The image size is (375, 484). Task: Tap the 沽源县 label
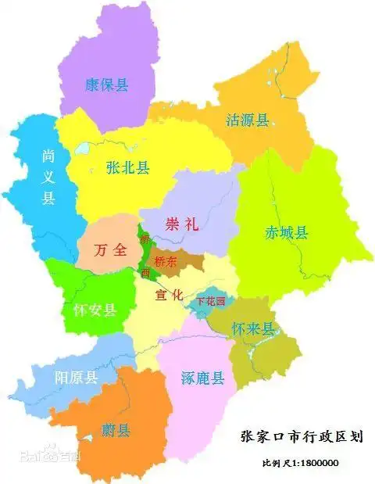coord(247,120)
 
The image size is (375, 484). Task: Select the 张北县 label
coord(127,167)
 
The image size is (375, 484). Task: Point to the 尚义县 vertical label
coord(48,177)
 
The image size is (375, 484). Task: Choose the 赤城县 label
coord(286,232)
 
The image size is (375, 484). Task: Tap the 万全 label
coord(109,251)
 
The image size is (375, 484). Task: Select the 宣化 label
coord(169,296)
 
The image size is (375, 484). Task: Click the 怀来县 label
coord(252,329)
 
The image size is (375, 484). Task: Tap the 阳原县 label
coord(77,378)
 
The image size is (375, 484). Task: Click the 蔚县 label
coord(116,429)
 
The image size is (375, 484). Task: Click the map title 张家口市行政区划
coord(302,436)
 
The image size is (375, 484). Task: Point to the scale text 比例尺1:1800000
coord(301,463)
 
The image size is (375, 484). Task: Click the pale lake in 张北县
coord(83,148)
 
